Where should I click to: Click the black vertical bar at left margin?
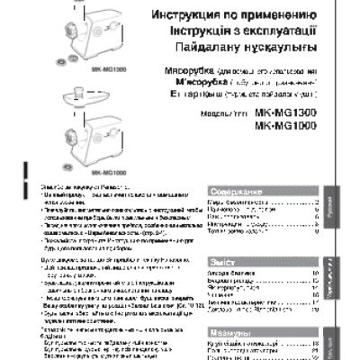[x=4, y=175]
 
